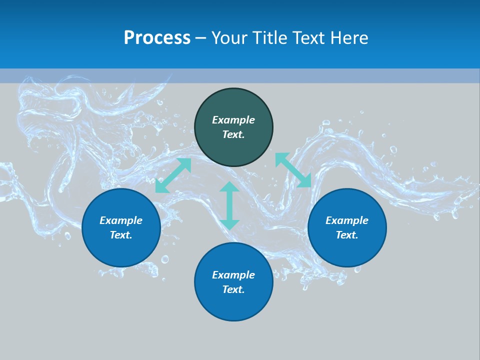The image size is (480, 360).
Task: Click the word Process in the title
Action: point(157,38)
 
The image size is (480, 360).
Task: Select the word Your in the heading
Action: point(228,38)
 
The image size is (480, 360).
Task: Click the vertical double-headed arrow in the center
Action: point(229,205)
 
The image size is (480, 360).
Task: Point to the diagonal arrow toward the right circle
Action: point(293,170)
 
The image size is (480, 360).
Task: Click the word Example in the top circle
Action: point(233,120)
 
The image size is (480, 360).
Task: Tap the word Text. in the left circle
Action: point(121,235)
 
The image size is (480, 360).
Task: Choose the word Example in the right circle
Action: point(347,220)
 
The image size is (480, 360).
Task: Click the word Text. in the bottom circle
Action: point(233,289)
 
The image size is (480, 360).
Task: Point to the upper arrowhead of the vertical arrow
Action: point(229,187)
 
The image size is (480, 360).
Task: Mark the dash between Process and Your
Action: point(201,38)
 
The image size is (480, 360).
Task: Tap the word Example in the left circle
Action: point(121,220)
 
